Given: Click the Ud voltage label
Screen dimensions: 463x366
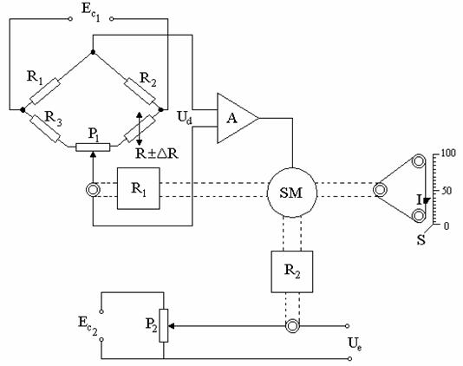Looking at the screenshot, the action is [x=186, y=118].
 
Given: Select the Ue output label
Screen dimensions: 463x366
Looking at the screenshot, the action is [x=355, y=344].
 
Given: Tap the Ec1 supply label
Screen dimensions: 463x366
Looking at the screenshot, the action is [x=91, y=12].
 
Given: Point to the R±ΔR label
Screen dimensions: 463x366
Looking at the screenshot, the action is [x=157, y=154].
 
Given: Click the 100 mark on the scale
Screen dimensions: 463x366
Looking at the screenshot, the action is [x=447, y=154].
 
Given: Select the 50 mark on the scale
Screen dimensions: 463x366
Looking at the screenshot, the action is [x=447, y=191].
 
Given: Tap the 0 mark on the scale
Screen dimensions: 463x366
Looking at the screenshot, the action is [x=447, y=226].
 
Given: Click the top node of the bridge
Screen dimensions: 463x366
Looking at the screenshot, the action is [x=93, y=52].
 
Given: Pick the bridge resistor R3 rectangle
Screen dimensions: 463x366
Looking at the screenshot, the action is [x=45, y=128].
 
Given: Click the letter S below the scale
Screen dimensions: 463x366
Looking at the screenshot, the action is [x=421, y=239].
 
